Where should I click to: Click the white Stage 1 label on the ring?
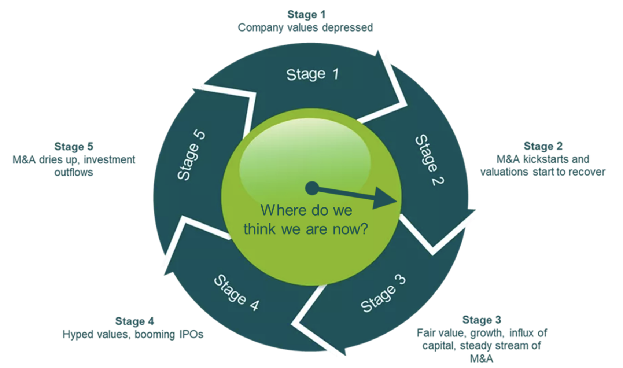(x=312, y=74)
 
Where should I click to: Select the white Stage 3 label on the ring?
(x=383, y=294)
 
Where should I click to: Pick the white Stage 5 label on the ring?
(x=191, y=155)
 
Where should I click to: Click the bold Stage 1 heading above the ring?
(x=306, y=15)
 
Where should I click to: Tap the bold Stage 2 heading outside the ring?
(x=543, y=146)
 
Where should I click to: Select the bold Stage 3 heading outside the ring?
(x=481, y=320)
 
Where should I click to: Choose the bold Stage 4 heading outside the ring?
(x=134, y=321)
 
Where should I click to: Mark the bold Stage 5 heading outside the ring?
(x=74, y=147)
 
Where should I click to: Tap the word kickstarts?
(x=546, y=159)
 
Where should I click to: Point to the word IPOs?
(x=191, y=334)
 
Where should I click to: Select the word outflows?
(x=74, y=172)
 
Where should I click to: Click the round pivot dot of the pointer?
(x=312, y=188)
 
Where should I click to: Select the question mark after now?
(x=364, y=229)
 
